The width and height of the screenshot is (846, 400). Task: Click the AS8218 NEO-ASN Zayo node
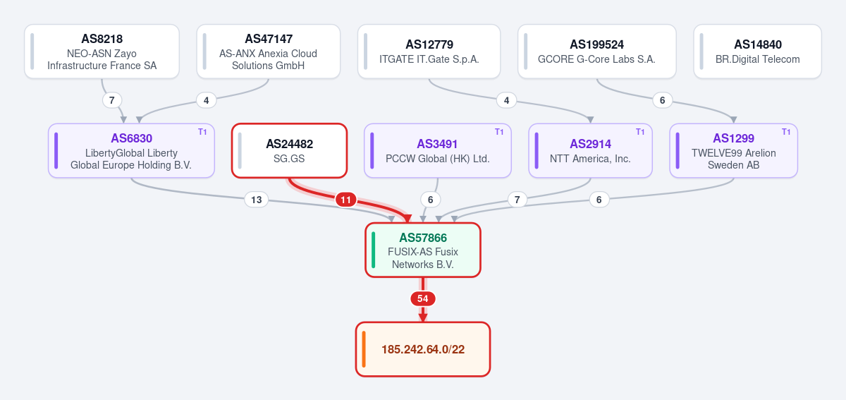click(x=102, y=51)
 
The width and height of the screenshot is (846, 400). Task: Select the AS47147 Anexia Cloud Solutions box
click(x=269, y=51)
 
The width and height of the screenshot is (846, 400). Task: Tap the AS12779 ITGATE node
click(x=429, y=51)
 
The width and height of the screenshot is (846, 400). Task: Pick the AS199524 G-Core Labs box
click(x=596, y=51)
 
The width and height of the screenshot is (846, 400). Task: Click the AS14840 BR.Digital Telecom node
click(x=758, y=51)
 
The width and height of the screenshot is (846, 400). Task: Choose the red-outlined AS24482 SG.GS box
click(x=289, y=150)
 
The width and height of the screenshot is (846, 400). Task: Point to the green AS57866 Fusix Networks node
click(x=423, y=250)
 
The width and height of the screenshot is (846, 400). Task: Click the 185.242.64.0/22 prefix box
click(x=423, y=349)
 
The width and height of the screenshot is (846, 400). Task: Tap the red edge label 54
click(x=423, y=298)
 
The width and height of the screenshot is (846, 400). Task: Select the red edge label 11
click(x=346, y=200)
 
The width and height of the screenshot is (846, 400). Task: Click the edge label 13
click(x=257, y=200)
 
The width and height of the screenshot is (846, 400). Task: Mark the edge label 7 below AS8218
click(x=112, y=100)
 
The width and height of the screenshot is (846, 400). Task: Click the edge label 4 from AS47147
click(x=206, y=100)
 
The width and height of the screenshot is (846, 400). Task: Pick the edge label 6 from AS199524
click(x=663, y=100)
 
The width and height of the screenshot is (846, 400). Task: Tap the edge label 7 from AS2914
click(x=517, y=200)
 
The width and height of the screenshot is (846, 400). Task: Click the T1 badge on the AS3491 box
click(x=499, y=132)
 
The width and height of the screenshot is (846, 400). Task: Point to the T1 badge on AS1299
click(x=786, y=132)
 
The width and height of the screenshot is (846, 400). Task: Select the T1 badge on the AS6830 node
click(x=202, y=132)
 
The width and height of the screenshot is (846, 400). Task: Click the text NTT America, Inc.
click(x=590, y=159)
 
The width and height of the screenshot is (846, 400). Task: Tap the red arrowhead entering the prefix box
click(x=423, y=317)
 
